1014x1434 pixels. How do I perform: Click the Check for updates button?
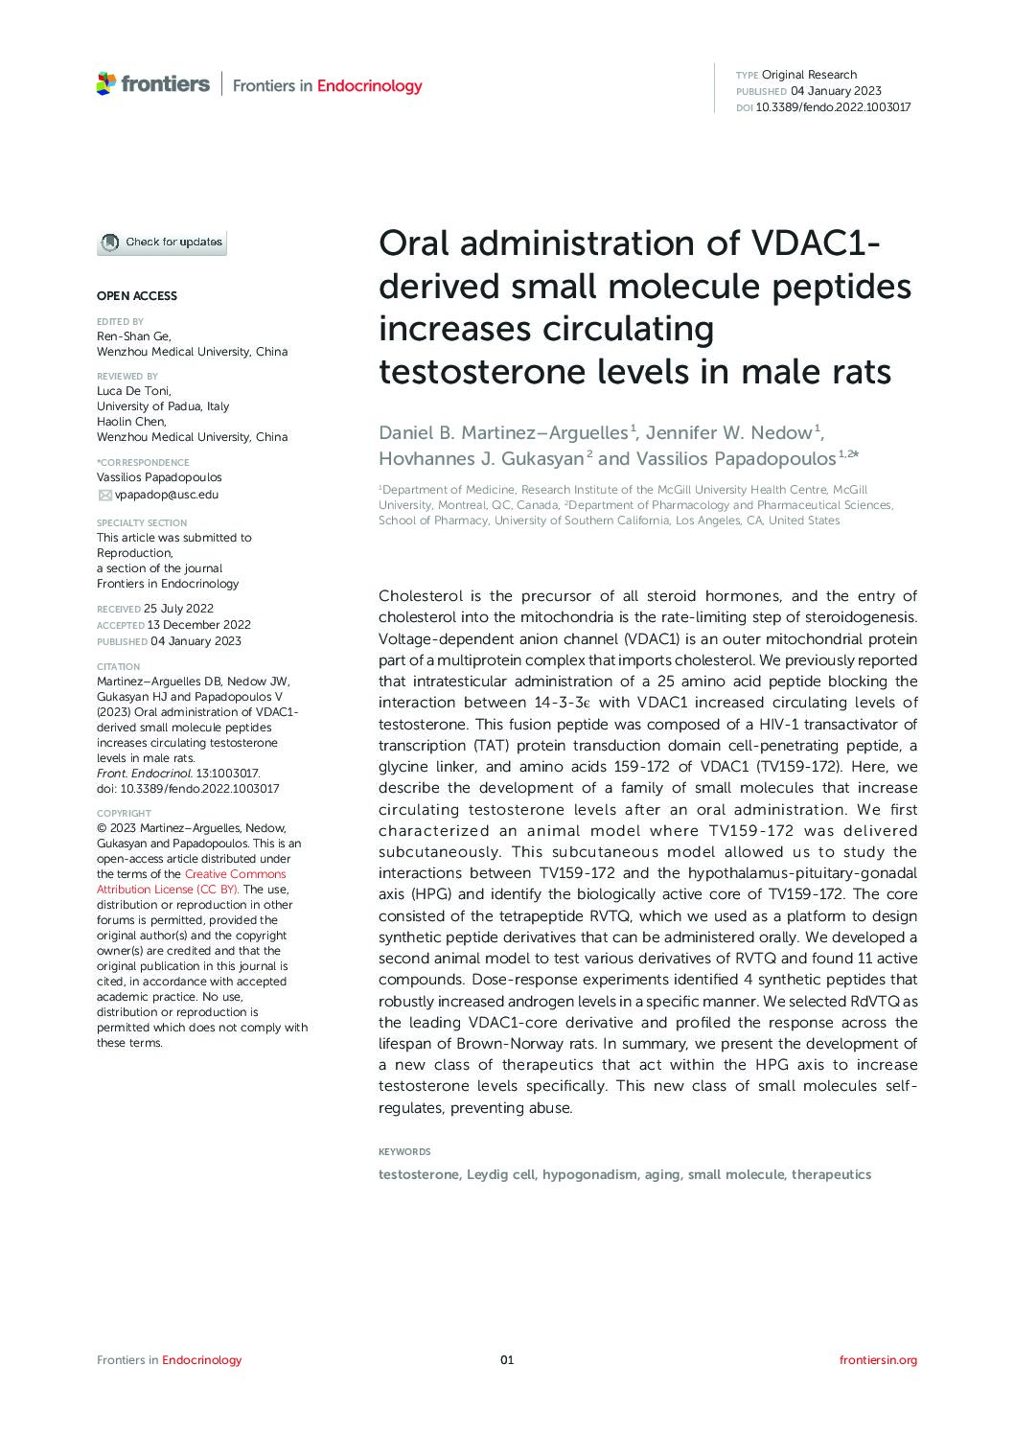162,243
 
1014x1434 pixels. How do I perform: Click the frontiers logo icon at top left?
105,84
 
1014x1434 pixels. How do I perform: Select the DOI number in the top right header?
833,107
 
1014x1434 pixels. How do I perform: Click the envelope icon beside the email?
105,495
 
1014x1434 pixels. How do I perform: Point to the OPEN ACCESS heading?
137,296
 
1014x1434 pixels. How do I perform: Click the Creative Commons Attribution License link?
191,882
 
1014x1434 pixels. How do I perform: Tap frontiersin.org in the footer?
878,1359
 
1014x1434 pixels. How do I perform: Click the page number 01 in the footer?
507,1359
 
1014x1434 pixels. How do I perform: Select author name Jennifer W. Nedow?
729,433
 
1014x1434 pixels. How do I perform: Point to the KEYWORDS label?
404,1152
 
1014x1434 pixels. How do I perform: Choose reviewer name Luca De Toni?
134,391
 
